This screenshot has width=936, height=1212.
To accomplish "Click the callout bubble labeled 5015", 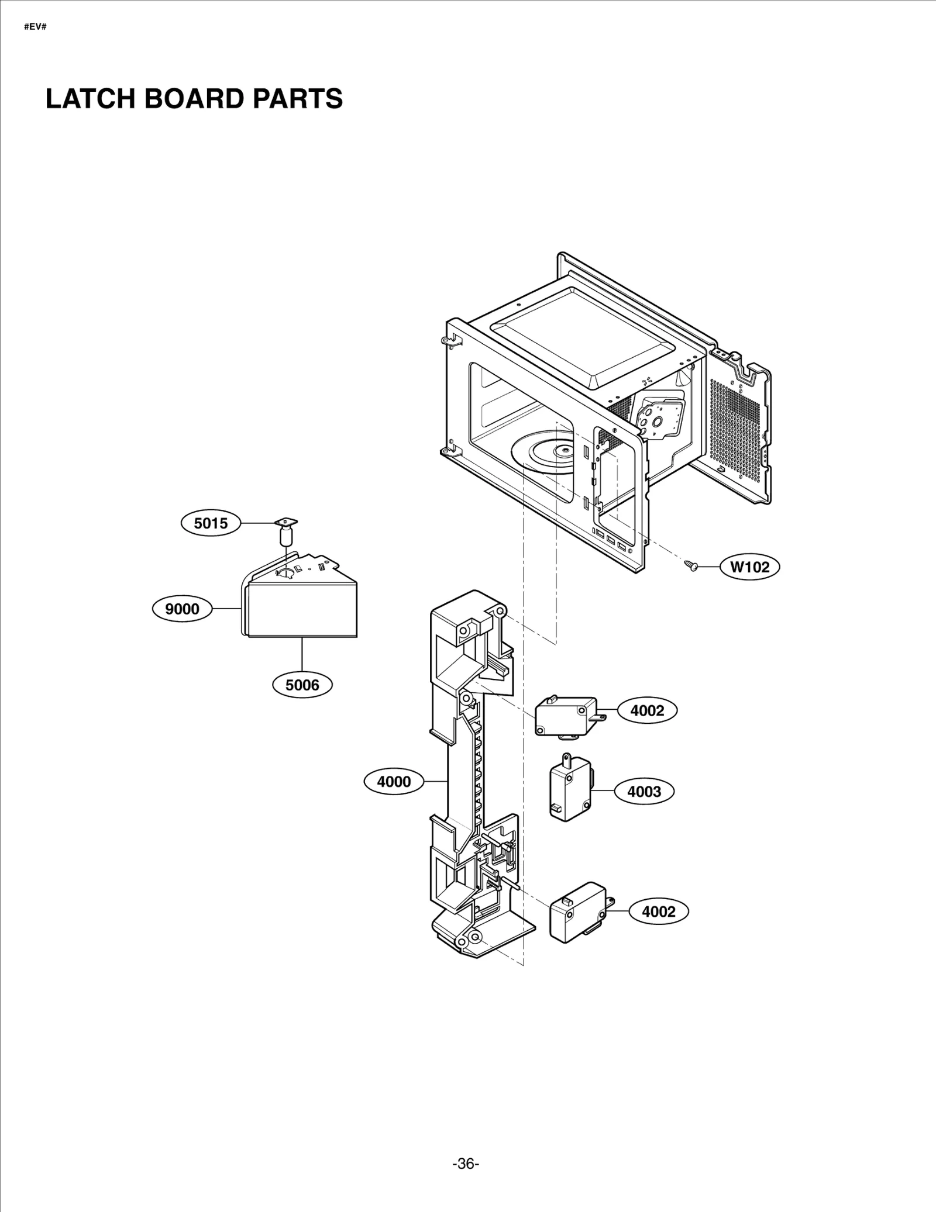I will coord(211,523).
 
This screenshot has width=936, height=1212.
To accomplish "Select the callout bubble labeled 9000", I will coord(182,609).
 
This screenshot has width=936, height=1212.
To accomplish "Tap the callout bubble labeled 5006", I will coord(302,685).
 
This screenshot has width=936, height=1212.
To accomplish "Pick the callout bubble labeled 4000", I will coord(394,782).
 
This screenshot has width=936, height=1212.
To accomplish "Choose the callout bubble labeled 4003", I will coord(643,792).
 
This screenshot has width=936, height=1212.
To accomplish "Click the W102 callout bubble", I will coord(749,567).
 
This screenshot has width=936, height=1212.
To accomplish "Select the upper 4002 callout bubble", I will coord(647,710).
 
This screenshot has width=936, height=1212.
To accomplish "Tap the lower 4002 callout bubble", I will coord(658,911).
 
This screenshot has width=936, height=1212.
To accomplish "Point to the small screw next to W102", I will coord(691,565).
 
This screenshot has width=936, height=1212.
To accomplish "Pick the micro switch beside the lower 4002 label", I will coord(578,919).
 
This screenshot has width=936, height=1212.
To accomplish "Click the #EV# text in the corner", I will coord(35,27).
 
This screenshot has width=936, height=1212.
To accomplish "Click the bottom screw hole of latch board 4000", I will coord(474,937).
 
